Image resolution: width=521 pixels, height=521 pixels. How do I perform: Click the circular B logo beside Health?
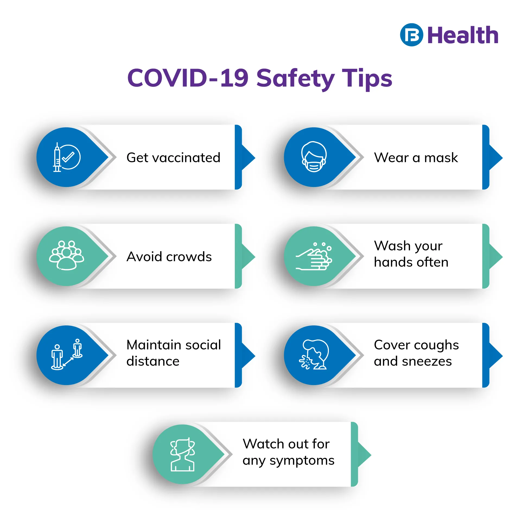tap(411, 35)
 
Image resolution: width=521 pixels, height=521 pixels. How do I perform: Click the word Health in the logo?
tap(463, 35)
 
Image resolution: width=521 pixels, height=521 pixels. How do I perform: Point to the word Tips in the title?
tap(367, 79)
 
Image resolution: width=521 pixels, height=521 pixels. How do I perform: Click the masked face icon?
tap(314, 157)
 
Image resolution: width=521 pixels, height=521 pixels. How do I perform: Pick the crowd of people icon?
tap(66, 255)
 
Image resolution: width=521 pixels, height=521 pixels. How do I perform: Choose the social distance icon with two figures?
tap(67, 354)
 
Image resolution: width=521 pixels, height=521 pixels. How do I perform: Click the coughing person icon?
tap(314, 354)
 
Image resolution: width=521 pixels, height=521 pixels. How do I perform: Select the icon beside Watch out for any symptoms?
tap(183, 454)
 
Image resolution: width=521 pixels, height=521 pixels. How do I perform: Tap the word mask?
tap(441, 158)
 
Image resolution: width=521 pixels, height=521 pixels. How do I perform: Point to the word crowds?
tap(189, 257)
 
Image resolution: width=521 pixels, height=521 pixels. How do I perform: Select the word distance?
tap(153, 361)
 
